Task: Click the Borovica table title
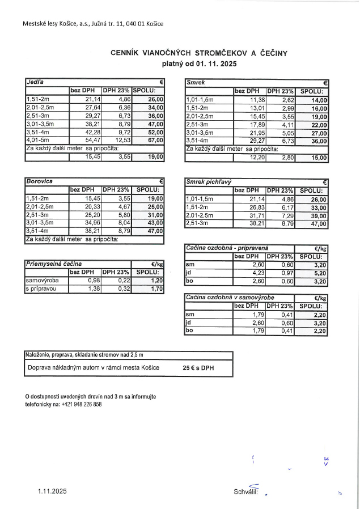[x=40, y=181]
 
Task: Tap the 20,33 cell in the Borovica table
[x=92, y=207]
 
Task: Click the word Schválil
[x=245, y=491]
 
